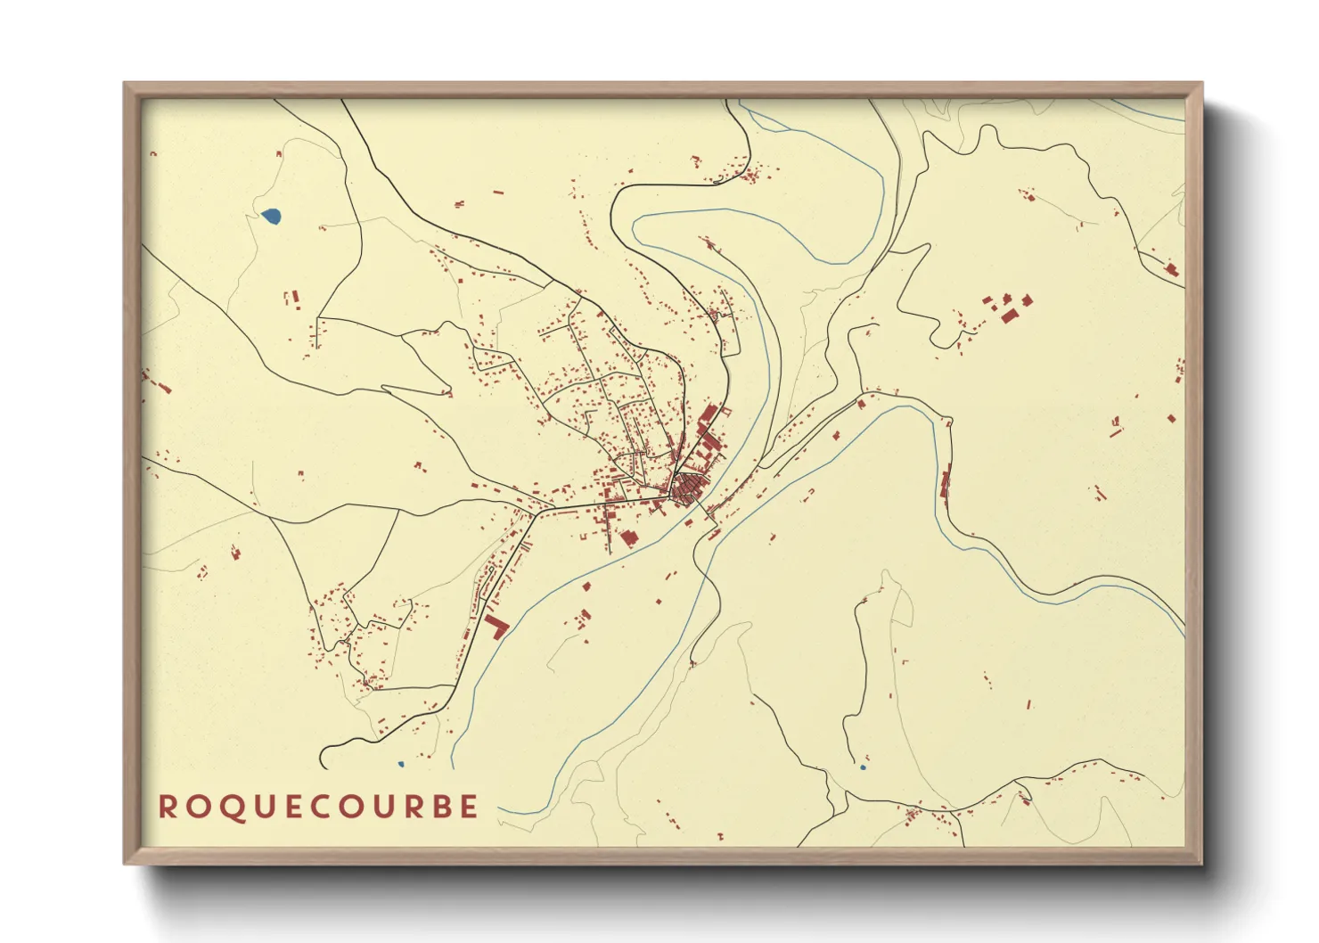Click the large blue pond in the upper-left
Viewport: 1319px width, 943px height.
(x=271, y=215)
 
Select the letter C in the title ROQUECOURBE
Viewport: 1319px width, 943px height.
(x=319, y=807)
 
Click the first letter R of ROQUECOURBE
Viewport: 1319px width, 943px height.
(x=167, y=807)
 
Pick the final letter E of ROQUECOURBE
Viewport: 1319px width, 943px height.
(x=469, y=807)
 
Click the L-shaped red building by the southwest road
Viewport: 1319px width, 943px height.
(x=496, y=625)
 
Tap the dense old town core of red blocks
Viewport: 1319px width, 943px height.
(x=686, y=488)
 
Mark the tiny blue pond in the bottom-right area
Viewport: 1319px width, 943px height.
(x=862, y=767)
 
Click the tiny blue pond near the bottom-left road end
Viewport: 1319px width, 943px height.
(x=400, y=764)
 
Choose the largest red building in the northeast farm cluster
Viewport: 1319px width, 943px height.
(x=1010, y=315)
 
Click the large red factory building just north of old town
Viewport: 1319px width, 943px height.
(x=709, y=415)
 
